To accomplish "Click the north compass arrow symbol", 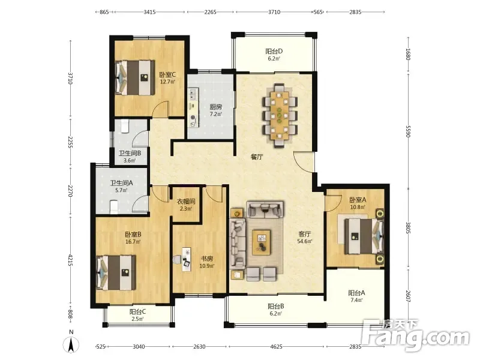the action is click(71, 345).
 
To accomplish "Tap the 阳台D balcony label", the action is click(274, 51).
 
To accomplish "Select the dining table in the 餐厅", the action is click(280, 116).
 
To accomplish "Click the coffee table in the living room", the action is click(261, 242).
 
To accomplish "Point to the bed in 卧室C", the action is click(134, 78).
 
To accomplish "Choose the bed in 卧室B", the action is click(116, 272).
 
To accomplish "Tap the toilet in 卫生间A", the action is click(113, 207).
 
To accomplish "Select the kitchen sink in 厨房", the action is click(193, 94).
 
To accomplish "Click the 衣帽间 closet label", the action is click(186, 202).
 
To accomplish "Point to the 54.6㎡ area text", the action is click(305, 241).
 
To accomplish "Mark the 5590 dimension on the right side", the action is click(408, 131).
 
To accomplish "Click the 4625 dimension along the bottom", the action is click(277, 347).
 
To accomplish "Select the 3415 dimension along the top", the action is click(149, 12).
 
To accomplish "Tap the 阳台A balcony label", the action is click(356, 293).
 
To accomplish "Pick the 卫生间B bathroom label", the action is click(130, 153).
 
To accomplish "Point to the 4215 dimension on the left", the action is click(70, 260).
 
